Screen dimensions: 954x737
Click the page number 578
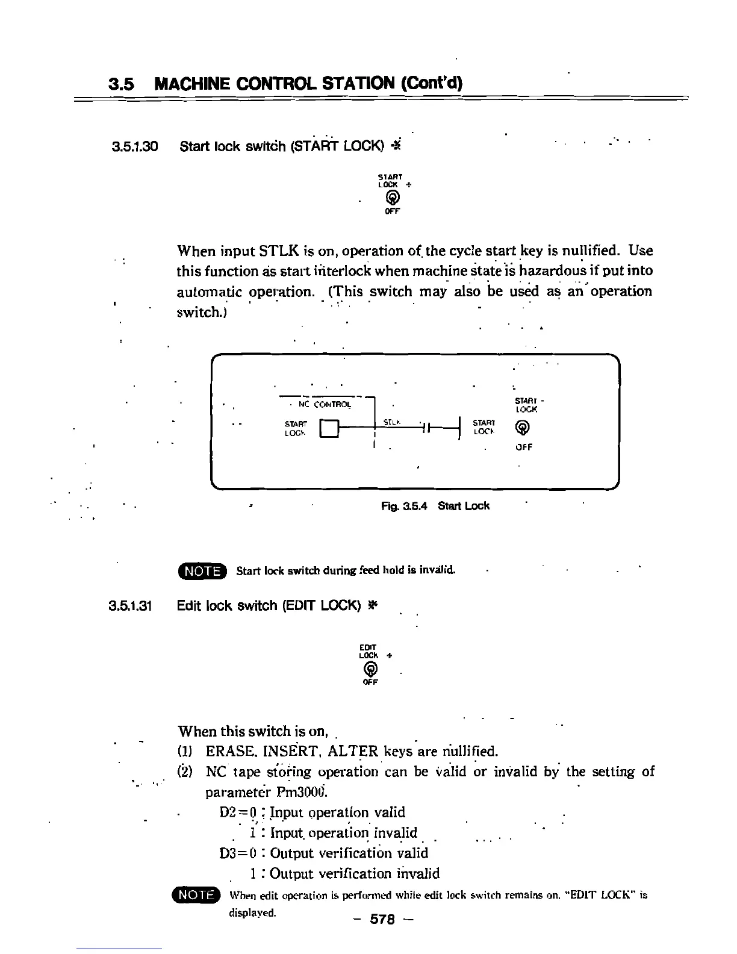click(x=382, y=920)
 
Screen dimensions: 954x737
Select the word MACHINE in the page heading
click(x=191, y=84)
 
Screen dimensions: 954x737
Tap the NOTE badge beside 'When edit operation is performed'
click(x=196, y=896)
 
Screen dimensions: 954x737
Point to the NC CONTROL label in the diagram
click(x=324, y=405)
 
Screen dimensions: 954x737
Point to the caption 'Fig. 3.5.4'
click(x=404, y=506)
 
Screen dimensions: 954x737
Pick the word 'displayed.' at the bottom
click(x=252, y=912)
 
